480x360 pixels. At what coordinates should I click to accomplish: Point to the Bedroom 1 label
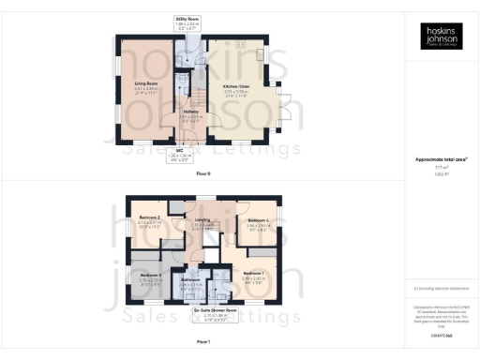(254, 275)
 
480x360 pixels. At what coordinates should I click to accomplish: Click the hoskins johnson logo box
(437, 37)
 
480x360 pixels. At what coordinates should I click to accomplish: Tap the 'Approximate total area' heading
(437, 160)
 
